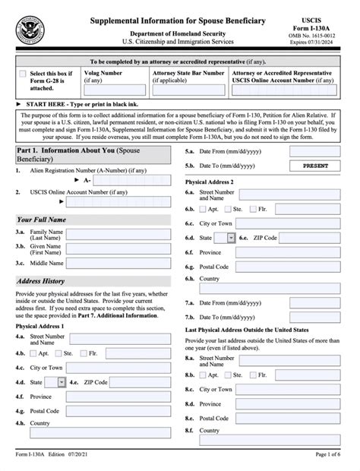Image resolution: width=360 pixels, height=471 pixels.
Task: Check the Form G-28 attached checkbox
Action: pos(22,74)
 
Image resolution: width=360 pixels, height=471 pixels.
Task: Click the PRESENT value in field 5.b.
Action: pos(320,165)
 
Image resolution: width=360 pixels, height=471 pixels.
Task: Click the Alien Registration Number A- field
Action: pos(134,182)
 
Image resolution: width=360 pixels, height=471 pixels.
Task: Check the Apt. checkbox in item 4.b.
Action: pos(34,353)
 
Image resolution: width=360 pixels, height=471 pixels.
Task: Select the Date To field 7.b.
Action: pos(320,315)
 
